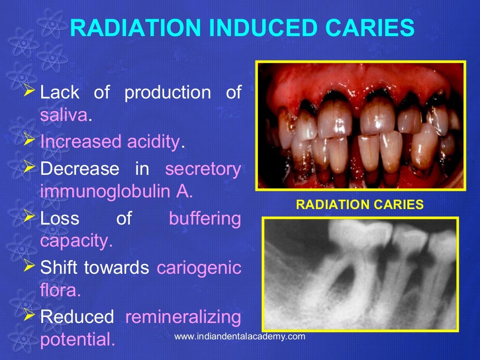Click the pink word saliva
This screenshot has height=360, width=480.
[64, 115]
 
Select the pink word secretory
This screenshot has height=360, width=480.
[203, 169]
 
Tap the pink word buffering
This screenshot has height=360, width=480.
[205, 218]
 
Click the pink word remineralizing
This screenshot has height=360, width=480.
[183, 317]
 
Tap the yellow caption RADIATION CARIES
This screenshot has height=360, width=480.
[360, 204]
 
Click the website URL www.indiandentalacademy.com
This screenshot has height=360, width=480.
[239, 337]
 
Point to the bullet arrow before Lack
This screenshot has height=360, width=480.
[29, 89]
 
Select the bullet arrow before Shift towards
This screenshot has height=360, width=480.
[29, 266]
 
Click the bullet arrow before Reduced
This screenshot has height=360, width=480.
[29, 315]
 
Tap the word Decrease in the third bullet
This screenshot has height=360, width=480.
[80, 169]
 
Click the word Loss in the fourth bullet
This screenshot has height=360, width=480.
[60, 218]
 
